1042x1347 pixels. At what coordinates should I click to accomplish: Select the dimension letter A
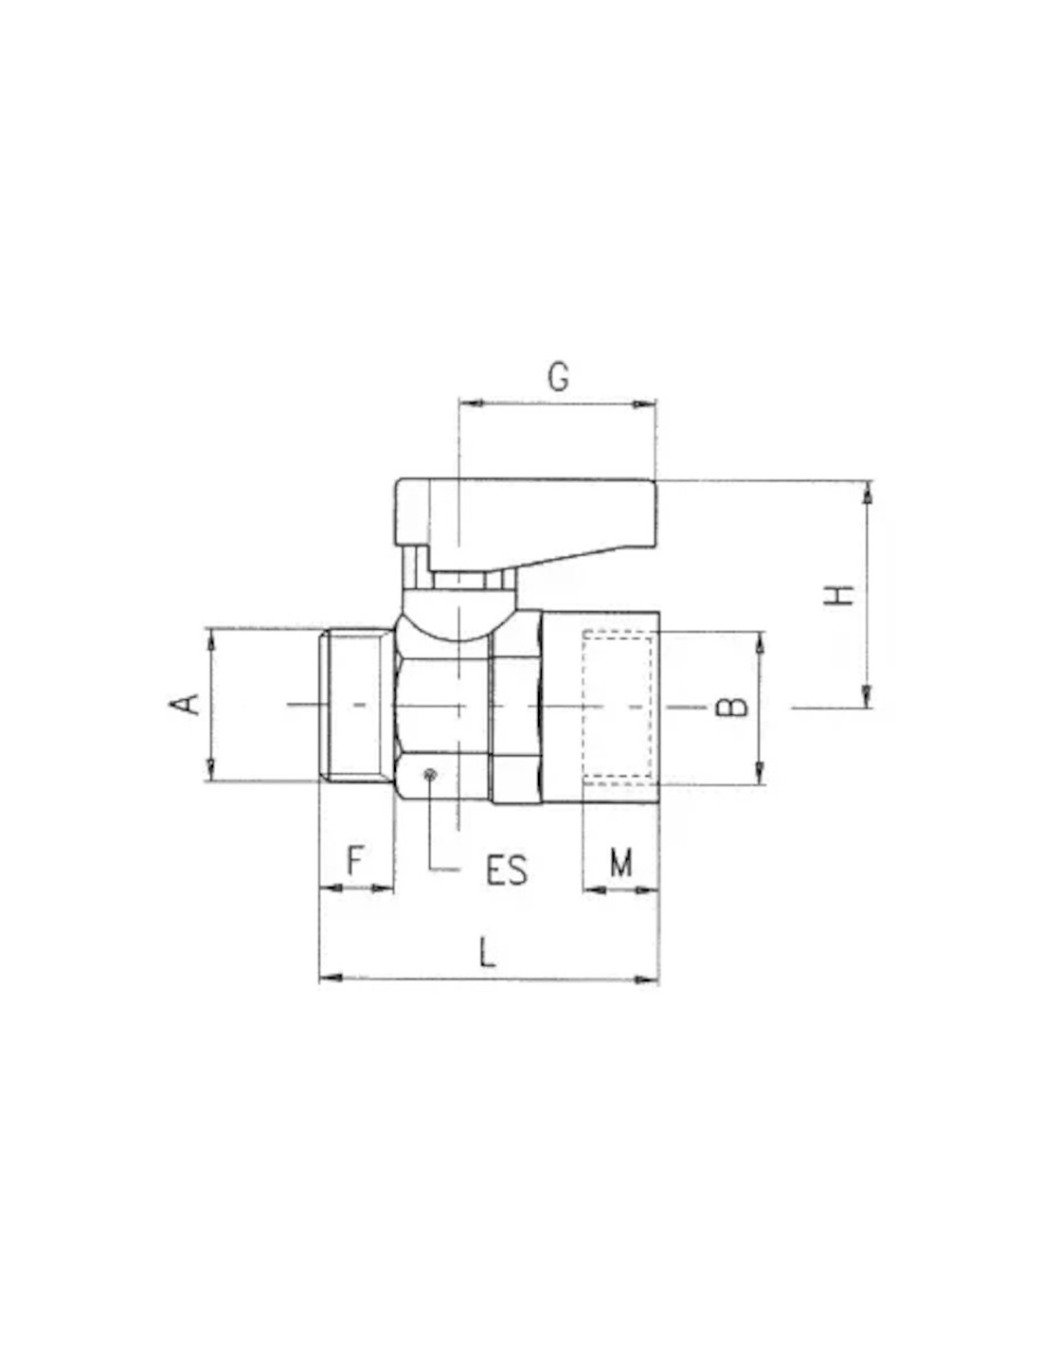tap(185, 704)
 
